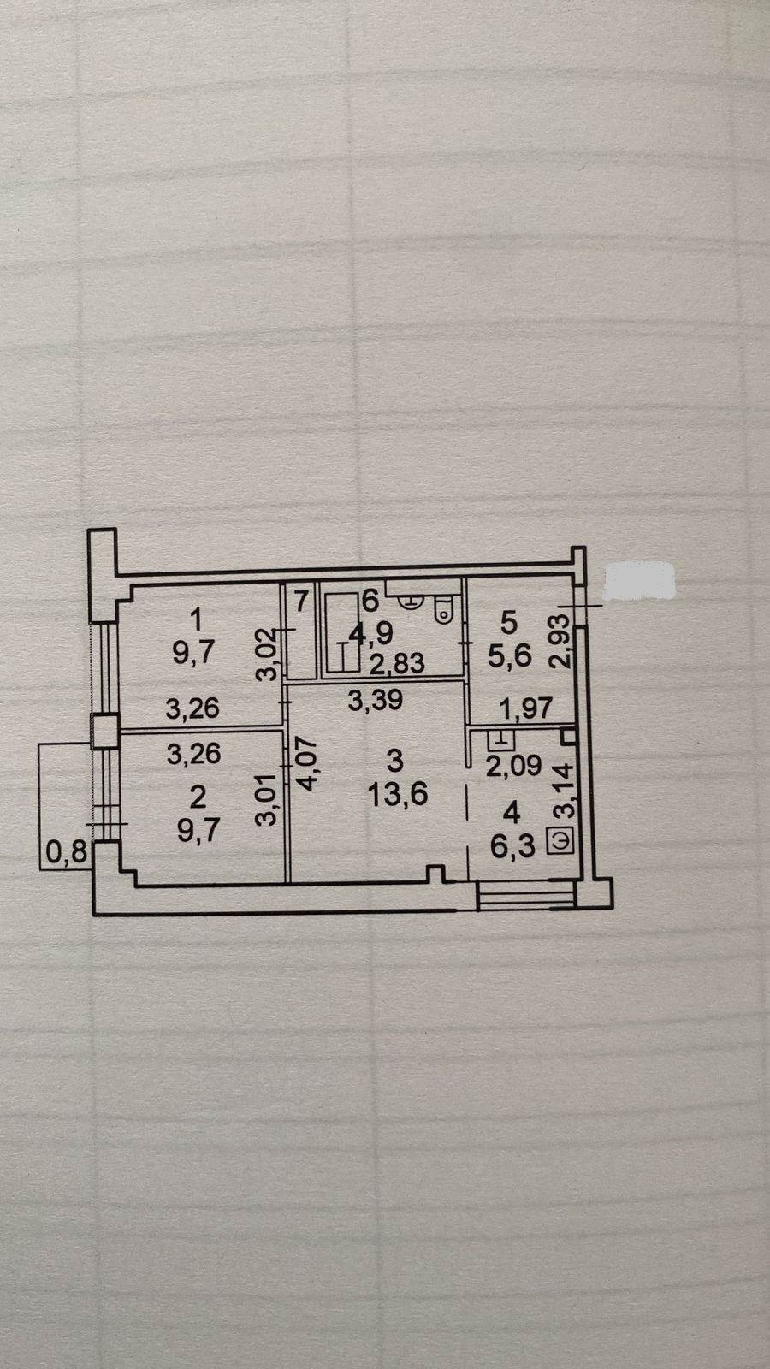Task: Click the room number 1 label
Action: [198, 616]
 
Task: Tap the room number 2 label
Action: [198, 797]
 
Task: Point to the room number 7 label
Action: [300, 602]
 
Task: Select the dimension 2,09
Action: [514, 765]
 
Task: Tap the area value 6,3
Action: [513, 846]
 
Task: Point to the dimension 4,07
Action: [305, 763]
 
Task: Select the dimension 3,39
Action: [375, 702]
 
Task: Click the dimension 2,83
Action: [397, 664]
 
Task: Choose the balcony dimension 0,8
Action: [64, 852]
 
